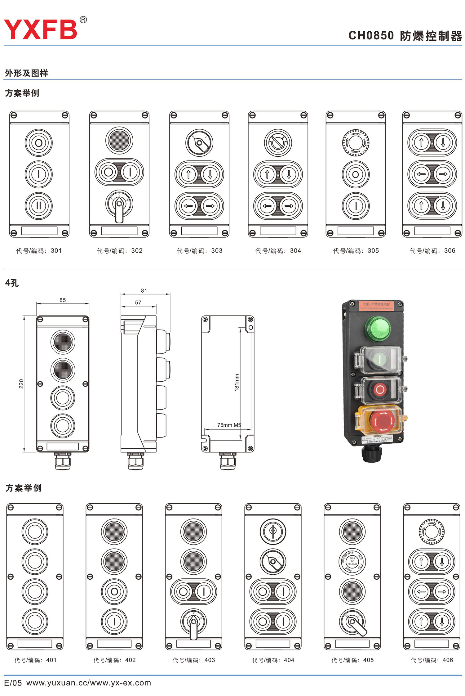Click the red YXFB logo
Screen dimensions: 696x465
click(40, 29)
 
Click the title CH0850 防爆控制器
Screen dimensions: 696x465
click(405, 36)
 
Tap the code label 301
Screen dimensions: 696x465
click(39, 251)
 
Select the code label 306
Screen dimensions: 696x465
click(432, 251)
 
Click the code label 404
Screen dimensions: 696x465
click(273, 660)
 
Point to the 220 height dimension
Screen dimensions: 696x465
click(21, 384)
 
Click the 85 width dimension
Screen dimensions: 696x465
click(63, 300)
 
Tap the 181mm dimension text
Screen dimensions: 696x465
click(237, 382)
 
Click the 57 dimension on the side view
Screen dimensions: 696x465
click(138, 303)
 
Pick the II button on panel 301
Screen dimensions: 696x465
click(39, 206)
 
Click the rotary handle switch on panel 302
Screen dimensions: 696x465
click(119, 205)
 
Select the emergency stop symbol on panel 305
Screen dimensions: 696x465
click(356, 143)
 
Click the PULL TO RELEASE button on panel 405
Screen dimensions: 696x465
click(352, 561)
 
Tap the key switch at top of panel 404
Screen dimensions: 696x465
click(273, 532)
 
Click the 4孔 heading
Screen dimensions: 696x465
click(12, 283)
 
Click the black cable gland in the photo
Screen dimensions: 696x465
click(371, 454)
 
